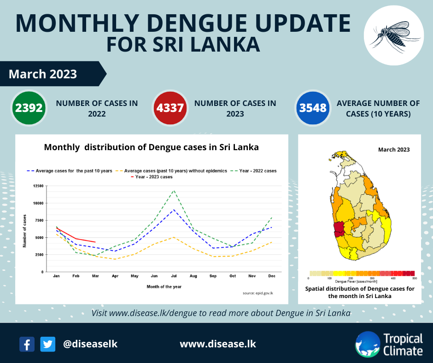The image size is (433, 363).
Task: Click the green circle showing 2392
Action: coord(29,108)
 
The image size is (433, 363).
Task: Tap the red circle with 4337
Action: coord(170,108)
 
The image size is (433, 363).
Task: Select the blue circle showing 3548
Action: coord(313,108)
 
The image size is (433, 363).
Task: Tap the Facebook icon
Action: coord(27,344)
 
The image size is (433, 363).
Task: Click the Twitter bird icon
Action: coord(47,344)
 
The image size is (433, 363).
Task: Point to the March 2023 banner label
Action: coord(43,74)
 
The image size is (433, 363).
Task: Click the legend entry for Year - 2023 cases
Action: coord(154,177)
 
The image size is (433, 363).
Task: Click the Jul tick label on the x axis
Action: coord(174,276)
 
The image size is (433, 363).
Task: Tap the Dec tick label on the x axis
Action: coord(272,276)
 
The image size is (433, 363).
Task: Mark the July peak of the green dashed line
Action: coord(174,190)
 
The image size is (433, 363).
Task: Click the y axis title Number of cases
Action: coord(24,231)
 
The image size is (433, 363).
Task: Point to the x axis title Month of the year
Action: coord(164,287)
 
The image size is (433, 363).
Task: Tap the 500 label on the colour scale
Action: coord(414,278)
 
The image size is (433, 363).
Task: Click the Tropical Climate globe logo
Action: coord(367,344)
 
